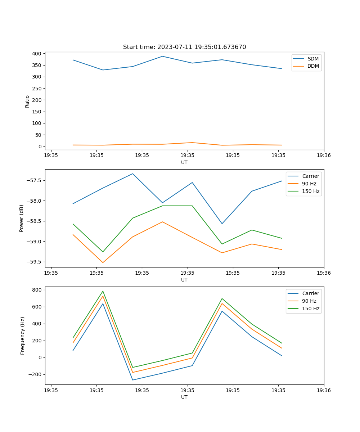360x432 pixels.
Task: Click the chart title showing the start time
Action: pos(184,47)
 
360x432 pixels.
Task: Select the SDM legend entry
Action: pos(312,59)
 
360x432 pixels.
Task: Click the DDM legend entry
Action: pos(313,66)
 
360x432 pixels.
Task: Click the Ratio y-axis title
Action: pos(27,101)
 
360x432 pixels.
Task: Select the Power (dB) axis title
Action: pos(22,218)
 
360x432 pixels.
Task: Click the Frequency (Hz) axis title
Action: pos(23,336)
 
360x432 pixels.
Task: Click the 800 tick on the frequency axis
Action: pos(37,290)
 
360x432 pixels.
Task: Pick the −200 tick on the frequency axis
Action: pos(36,374)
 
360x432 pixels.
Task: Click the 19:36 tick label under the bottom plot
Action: pos(324,390)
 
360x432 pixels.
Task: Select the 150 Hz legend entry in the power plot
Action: pos(310,191)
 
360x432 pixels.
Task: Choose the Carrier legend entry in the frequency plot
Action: pos(310,293)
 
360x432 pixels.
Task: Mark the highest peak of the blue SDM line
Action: pos(162,56)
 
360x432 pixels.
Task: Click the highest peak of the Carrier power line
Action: pos(132,174)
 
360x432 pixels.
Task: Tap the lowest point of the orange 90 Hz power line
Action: pos(103,262)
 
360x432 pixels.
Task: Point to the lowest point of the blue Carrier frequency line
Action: pos(132,380)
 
